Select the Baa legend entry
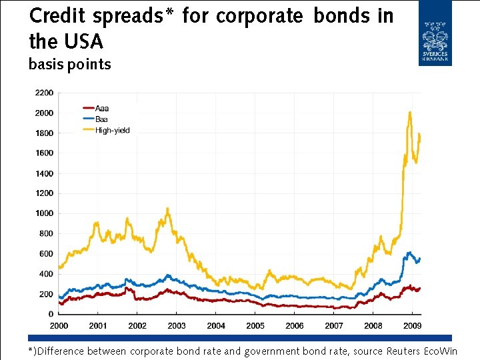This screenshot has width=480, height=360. click(102, 119)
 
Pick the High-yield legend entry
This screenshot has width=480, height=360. click(112, 131)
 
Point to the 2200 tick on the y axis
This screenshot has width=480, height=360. click(44, 93)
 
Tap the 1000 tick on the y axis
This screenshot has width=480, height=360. click(44, 213)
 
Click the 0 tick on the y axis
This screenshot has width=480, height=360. click(51, 314)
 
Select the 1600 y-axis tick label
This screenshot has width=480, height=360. click(44, 153)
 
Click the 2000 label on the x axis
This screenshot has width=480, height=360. click(59, 326)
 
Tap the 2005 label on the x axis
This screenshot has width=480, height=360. click(255, 326)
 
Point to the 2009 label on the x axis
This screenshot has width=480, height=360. click(412, 326)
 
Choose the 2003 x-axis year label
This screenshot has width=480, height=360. click(177, 326)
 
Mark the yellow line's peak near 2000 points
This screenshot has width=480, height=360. click(409, 112)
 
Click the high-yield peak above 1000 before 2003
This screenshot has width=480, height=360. click(167, 209)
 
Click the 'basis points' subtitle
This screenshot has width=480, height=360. click(69, 65)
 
